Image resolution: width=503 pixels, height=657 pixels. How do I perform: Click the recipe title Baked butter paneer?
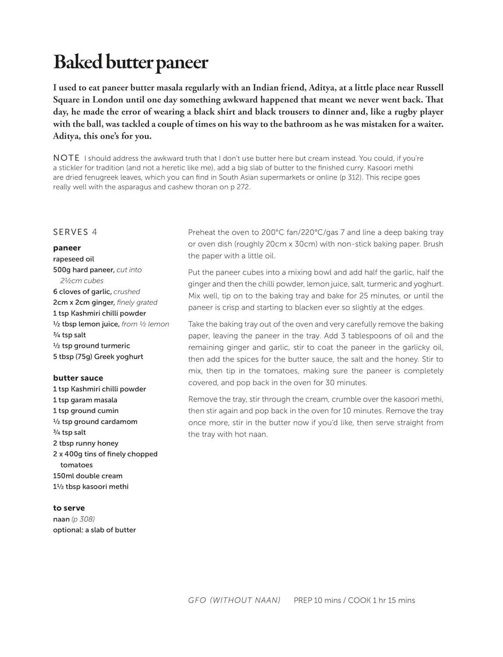tap(130, 63)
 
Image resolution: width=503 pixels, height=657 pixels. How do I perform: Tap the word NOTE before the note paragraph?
tap(66, 158)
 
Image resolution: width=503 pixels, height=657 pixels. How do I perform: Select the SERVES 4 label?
tap(75, 232)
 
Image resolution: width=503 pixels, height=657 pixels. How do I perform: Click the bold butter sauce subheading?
tap(78, 378)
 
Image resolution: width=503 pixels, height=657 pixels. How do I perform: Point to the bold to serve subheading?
tap(69, 508)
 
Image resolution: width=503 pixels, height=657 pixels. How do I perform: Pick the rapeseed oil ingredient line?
tap(73, 259)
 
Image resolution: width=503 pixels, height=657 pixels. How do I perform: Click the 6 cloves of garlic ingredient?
tap(97, 292)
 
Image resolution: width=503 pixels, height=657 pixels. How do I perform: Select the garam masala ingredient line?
tap(85, 400)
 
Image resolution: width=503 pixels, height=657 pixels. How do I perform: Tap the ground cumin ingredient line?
tap(86, 411)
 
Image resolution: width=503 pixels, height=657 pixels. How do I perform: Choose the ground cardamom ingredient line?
tap(95, 422)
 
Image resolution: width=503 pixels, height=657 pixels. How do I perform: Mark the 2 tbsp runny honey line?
tap(86, 443)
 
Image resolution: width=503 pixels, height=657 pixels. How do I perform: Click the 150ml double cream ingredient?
tap(88, 476)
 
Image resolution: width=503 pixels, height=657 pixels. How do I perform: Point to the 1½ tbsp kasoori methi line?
tap(91, 487)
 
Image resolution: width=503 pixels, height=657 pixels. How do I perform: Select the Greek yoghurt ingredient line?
tap(98, 357)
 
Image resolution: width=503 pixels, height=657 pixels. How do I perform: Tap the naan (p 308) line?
tap(74, 519)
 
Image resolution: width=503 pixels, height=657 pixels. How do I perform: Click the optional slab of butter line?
tap(94, 530)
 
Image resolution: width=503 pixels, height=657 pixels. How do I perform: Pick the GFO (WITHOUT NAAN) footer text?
tap(234, 600)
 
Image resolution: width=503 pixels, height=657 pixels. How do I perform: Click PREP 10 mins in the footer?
tap(317, 600)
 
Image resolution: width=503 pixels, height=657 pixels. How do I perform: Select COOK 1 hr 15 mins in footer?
tap(381, 600)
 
